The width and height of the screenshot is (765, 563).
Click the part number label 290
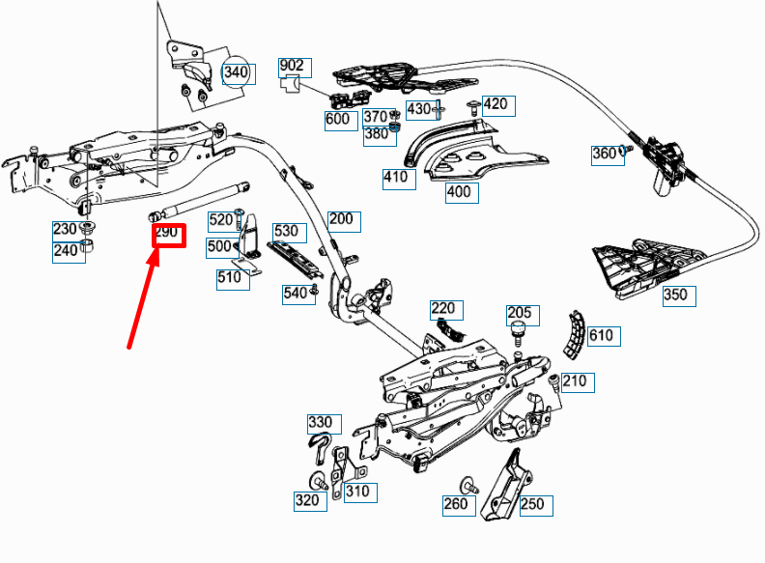[168, 234]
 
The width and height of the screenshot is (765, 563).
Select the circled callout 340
[236, 72]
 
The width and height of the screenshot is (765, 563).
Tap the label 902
[292, 67]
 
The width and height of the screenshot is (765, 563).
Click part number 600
[338, 120]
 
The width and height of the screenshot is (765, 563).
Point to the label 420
[495, 104]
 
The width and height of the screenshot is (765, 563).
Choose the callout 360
[604, 154]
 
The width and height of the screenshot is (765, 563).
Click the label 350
[676, 295]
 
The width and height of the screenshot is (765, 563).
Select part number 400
[459, 192]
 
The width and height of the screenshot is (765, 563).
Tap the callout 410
[395, 177]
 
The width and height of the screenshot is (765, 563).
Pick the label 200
[341, 219]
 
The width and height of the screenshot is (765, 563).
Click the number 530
[286, 232]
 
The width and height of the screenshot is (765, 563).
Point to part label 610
[601, 336]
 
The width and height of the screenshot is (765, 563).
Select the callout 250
[532, 503]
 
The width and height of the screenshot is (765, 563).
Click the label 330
[320, 422]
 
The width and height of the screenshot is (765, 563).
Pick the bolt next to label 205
[518, 334]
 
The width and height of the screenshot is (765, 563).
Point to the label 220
[443, 309]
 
